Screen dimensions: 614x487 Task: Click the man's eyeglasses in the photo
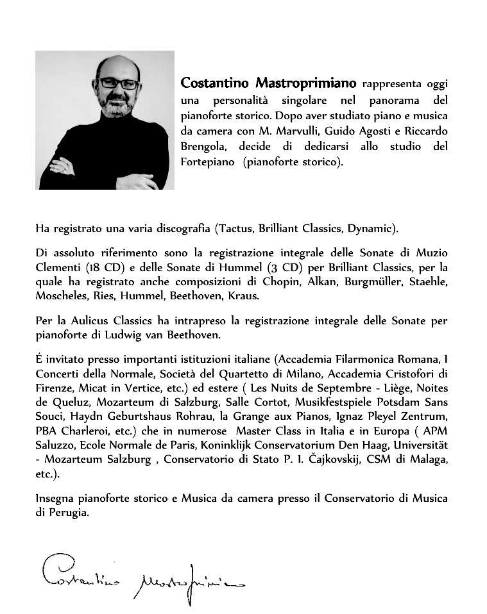[x=118, y=83]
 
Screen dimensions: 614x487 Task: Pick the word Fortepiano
[x=209, y=162]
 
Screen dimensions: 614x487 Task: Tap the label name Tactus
[x=236, y=228]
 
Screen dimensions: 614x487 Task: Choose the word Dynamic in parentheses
[x=372, y=228]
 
